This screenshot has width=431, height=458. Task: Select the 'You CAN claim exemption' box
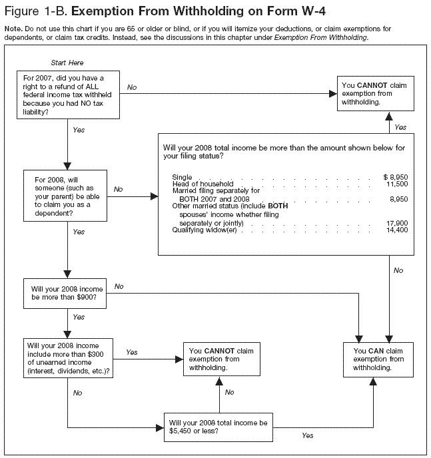click(377, 359)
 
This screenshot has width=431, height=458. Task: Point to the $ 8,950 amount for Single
click(394, 176)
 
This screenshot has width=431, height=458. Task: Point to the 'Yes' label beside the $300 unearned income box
click(132, 352)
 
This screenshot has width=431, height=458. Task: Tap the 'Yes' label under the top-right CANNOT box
click(400, 126)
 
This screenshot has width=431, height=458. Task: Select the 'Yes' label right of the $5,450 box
click(307, 435)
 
